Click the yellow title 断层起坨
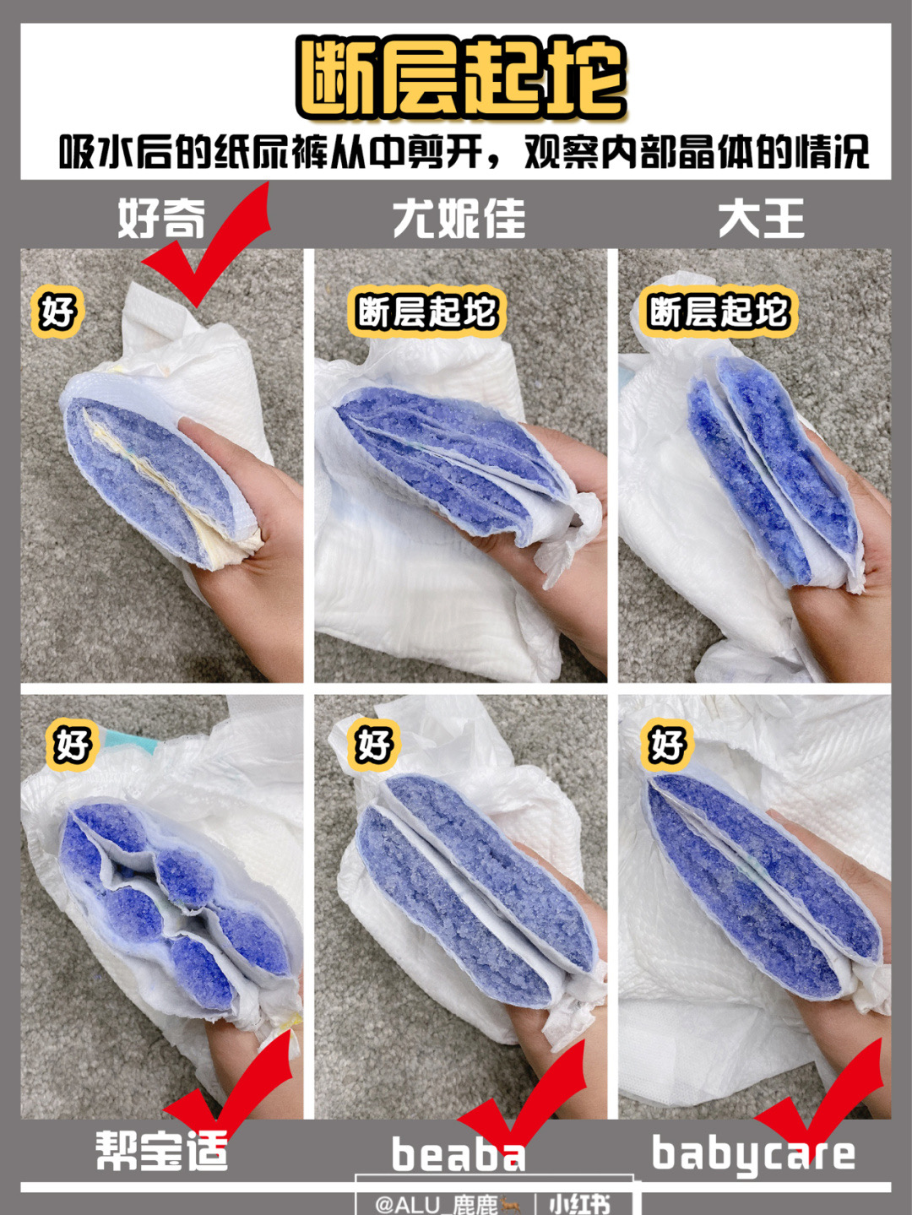(460, 78)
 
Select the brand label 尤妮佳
(459, 219)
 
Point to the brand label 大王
(761, 219)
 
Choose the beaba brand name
(458, 1154)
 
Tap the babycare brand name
(753, 1154)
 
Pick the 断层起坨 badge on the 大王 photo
(718, 312)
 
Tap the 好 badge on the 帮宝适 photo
(71, 745)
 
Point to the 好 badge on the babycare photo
(667, 745)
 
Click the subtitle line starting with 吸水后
(463, 153)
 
